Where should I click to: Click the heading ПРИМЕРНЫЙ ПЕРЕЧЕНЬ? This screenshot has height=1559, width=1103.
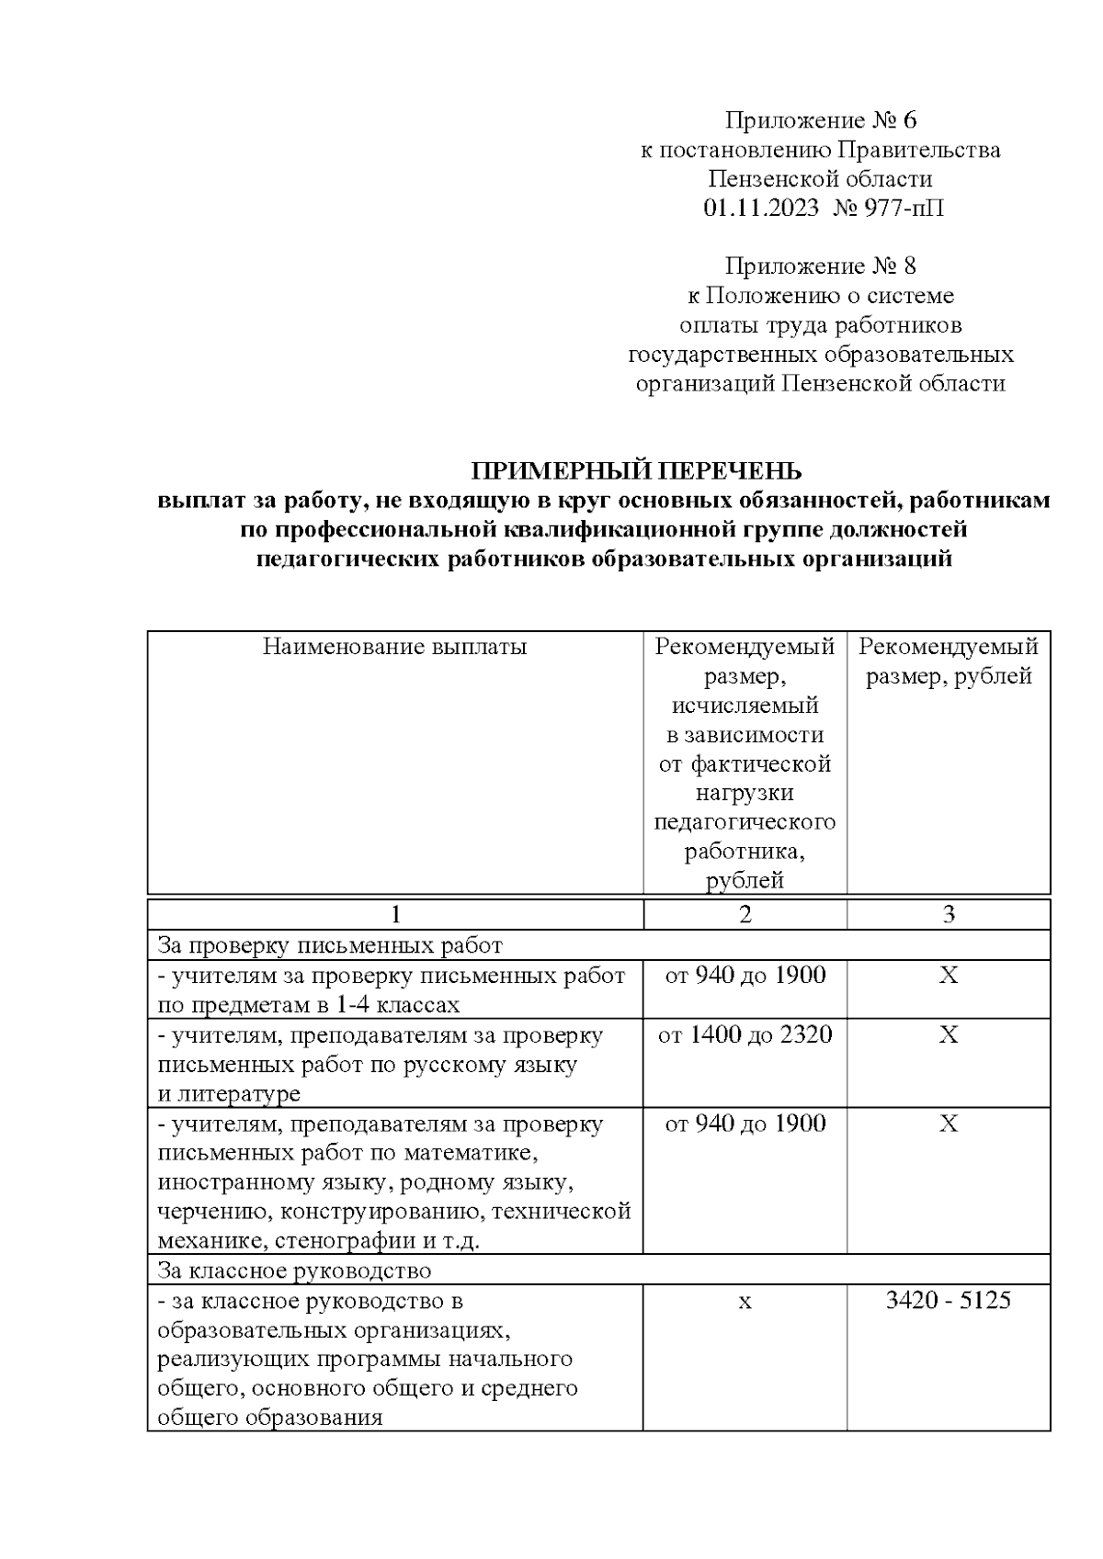pos(636,471)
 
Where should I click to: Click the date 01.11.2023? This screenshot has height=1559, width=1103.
pos(761,209)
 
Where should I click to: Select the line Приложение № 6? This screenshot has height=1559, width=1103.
pos(821,120)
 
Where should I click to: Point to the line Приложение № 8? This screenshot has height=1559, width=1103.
pos(821,266)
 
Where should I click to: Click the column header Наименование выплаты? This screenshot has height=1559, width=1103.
pos(394,647)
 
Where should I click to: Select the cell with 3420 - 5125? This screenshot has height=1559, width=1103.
pos(948,1301)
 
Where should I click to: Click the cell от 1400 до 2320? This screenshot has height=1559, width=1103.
pos(745,1035)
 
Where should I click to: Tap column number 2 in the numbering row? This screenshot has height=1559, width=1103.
pos(745,914)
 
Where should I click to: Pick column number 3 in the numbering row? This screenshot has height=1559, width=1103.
pos(949,914)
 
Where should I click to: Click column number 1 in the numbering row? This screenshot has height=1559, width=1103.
pos(395,914)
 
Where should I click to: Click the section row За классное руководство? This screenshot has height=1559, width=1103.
pos(294,1271)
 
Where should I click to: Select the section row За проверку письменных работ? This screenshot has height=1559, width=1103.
pos(330,945)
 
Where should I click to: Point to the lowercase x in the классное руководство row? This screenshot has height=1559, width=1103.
pos(745,1303)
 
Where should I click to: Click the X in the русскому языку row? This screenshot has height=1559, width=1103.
pos(949,1035)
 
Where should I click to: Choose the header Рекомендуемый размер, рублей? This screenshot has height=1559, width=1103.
pos(949,661)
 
